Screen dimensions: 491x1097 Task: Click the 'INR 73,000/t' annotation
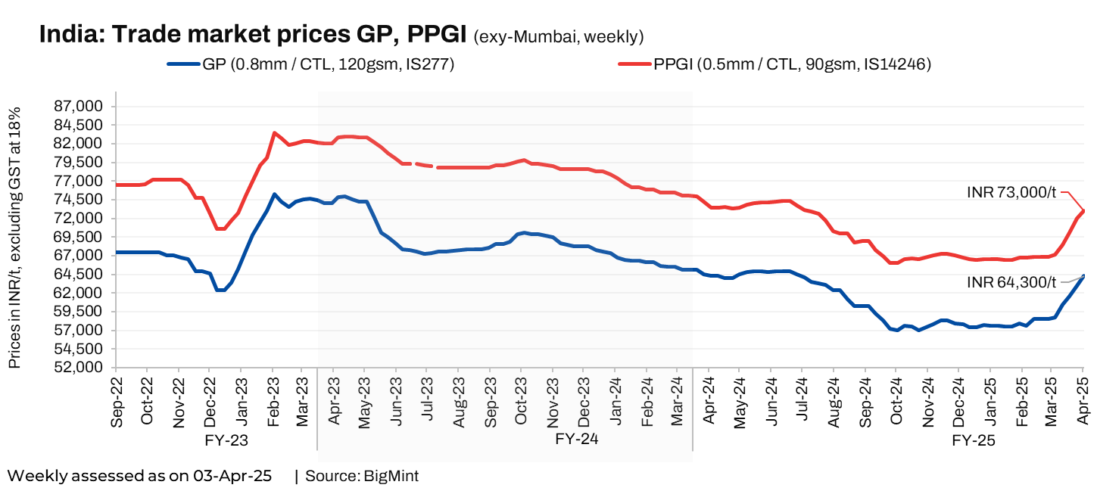tap(1011, 192)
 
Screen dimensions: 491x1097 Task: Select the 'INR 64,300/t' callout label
tap(1011, 282)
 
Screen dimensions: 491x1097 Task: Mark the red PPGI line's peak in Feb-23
tap(274, 133)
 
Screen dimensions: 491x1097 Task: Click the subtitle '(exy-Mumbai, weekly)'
tap(559, 36)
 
